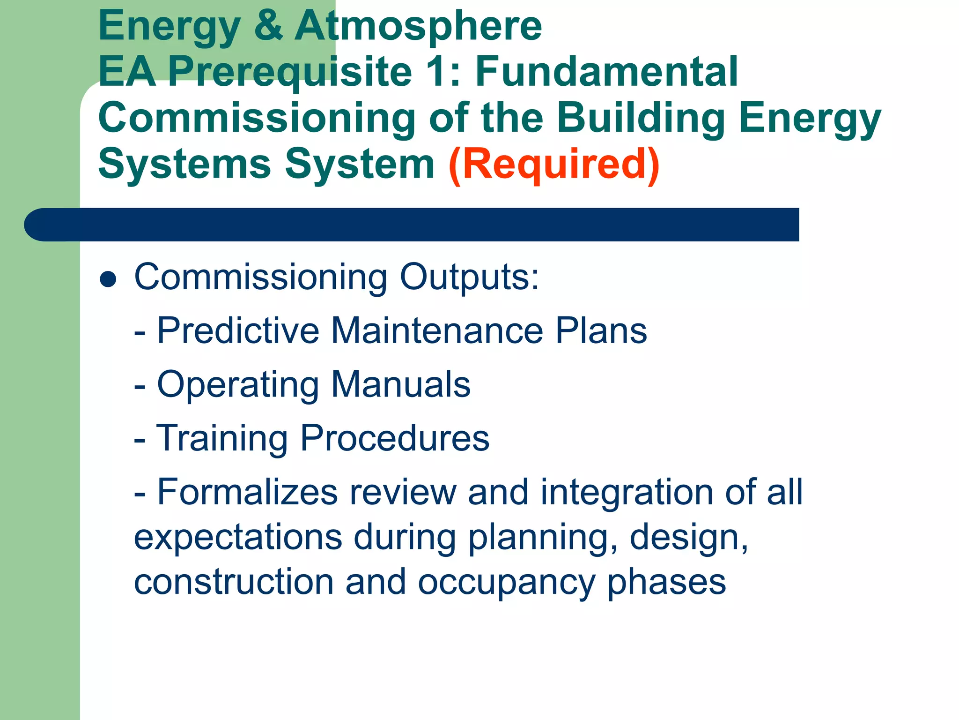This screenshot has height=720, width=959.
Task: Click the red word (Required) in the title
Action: [x=553, y=164]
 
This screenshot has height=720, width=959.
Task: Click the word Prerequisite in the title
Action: [x=290, y=72]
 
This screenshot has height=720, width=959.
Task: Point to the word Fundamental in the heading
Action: [x=606, y=71]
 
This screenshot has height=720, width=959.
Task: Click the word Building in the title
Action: [x=641, y=118]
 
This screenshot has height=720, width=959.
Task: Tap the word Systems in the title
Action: [x=184, y=164]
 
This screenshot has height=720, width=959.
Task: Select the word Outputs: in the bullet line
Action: [x=469, y=277]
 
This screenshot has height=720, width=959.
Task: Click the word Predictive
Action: [x=238, y=330]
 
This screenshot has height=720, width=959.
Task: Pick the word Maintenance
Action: [x=437, y=330]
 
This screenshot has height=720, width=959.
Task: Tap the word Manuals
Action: [x=400, y=384]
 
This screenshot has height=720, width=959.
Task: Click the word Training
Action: [x=221, y=438]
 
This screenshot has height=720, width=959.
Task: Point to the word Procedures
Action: [x=395, y=438]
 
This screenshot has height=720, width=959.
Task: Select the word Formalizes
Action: [x=247, y=492]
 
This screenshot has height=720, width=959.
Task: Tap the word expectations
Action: [x=238, y=538]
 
